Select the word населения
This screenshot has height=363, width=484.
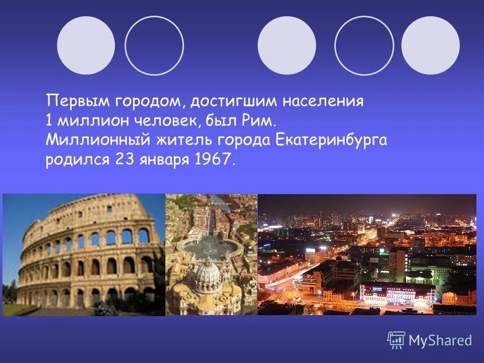[x=323, y=101]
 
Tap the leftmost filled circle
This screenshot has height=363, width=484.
[x=86, y=45]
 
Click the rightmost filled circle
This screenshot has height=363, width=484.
[x=430, y=45]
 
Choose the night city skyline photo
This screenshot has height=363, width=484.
[x=367, y=255]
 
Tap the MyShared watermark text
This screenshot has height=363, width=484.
[x=440, y=340]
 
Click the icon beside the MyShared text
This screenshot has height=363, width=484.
[x=396, y=340]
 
